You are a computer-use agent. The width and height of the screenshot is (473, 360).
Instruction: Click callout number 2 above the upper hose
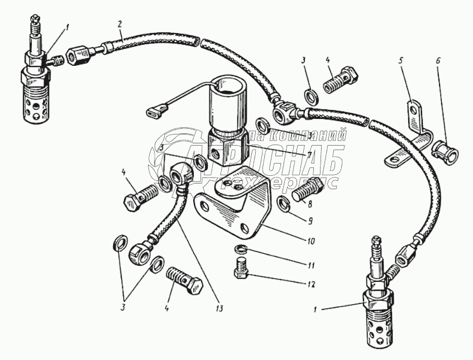pyautogui.click(x=120, y=25)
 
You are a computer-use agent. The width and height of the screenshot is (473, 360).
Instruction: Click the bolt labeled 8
pyautogui.click(x=305, y=190)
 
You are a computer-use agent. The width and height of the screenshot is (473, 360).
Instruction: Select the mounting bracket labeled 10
pyautogui.click(x=235, y=204)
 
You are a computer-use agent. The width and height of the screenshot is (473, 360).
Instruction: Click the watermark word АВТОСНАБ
pyautogui.click(x=262, y=160)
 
